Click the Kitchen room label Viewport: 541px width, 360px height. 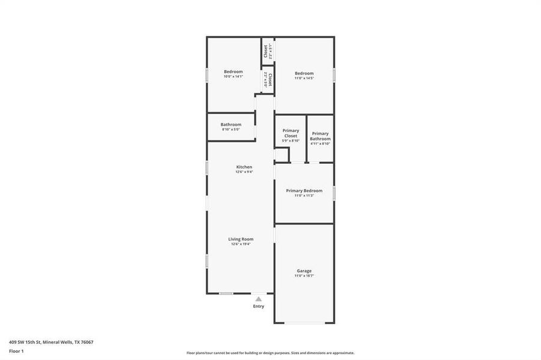(x=244, y=167)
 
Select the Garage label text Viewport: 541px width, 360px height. (x=304, y=271)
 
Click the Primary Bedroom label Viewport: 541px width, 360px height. (x=304, y=191)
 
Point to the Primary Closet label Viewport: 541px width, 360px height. (x=291, y=133)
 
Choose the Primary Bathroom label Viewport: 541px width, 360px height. (x=320, y=136)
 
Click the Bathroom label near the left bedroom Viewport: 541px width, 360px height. (x=231, y=124)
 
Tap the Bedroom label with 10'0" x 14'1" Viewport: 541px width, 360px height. (x=233, y=71)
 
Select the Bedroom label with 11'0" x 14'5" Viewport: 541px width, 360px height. (x=304, y=73)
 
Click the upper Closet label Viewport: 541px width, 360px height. (x=265, y=51)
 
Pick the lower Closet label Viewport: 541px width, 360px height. (x=270, y=79)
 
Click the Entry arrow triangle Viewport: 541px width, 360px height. (x=258, y=298)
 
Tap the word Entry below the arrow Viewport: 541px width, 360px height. (x=258, y=307)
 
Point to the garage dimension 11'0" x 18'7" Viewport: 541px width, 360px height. (x=304, y=276)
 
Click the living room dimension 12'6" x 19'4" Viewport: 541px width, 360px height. (x=241, y=244)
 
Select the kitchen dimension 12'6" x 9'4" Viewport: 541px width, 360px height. (x=244, y=172)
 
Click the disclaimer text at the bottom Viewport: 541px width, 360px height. (x=270, y=353)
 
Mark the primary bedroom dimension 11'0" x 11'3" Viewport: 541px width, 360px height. (x=304, y=196)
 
